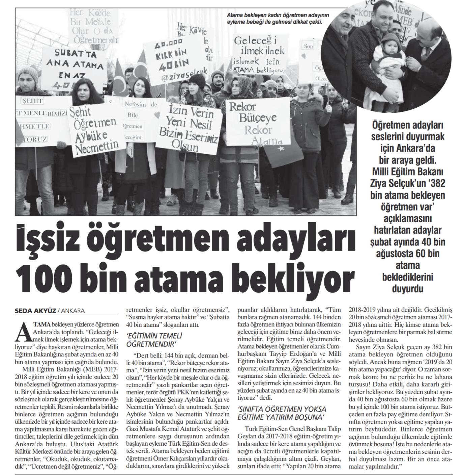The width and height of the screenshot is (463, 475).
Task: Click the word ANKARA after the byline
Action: point(73,311)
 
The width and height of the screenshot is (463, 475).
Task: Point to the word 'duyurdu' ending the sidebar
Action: point(408,289)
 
